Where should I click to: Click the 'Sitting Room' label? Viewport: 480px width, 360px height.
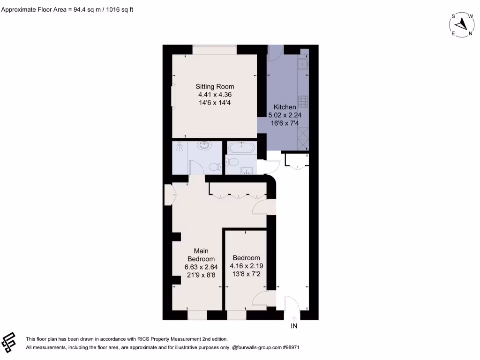tap(215, 86)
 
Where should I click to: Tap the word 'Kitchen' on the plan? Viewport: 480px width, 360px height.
tap(285, 107)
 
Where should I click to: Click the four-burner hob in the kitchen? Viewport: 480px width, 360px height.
tap(303, 101)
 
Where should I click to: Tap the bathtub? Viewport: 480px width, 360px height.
tap(241, 149)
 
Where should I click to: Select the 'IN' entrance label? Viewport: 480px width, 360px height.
tap(294, 326)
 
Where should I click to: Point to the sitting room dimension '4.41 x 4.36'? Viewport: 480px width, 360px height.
tap(215, 95)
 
